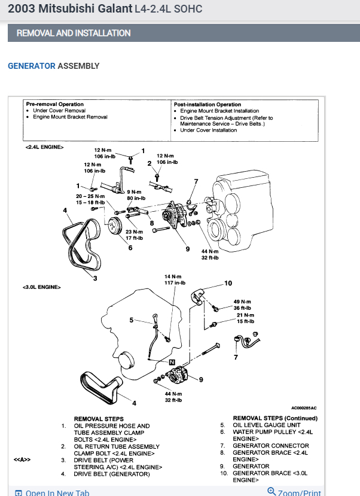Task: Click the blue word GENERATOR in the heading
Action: pos(31,66)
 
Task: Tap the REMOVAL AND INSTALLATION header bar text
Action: pos(74,33)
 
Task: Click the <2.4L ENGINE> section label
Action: pos(44,146)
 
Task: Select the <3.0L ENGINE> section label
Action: pos(42,287)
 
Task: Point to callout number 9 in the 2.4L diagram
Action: pos(187,249)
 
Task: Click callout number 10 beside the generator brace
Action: pos(227,283)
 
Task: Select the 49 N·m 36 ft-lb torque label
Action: pos(242,305)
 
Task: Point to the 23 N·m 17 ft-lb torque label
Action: pos(134,235)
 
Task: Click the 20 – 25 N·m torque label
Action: pos(90,199)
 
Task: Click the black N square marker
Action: pos(172,362)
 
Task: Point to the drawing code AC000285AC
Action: pos(304,407)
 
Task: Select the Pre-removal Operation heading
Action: pos(54,104)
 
